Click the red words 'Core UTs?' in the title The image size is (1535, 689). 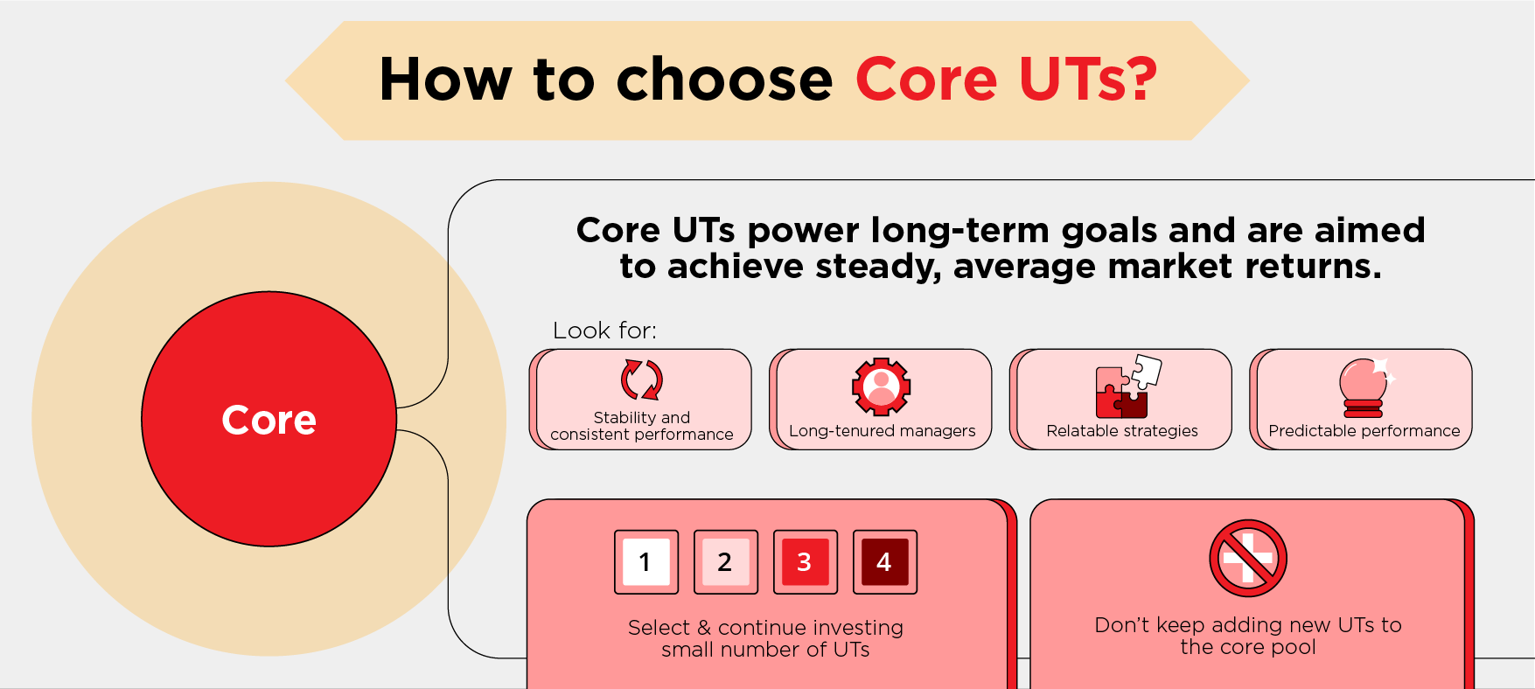pos(1007,80)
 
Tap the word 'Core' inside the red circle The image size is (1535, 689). pos(269,420)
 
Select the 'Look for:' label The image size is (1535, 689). pos(604,331)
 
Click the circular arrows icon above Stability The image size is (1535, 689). pos(642,380)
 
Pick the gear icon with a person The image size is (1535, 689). pos(882,386)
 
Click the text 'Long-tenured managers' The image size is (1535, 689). pos(882,431)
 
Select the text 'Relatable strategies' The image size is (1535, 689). pos(1122,431)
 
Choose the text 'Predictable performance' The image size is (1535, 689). pos(1364,431)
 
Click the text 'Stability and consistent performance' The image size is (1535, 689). pos(642,426)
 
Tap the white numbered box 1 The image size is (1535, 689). pos(646,562)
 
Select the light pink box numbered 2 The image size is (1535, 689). pos(726,562)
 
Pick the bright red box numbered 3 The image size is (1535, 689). pos(806,562)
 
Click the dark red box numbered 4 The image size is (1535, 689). pos(885,562)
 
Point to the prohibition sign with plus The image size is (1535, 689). pos(1248,559)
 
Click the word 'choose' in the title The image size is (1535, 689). pos(725,80)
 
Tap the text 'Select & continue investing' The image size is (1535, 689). pos(765,628)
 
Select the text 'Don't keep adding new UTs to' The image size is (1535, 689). pos(1248,625)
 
